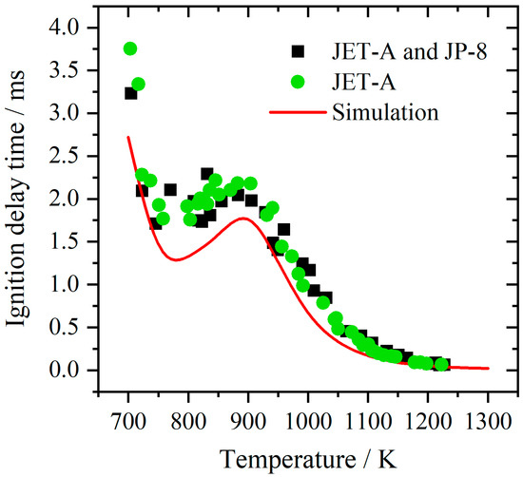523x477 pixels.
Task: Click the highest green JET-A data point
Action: pos(130,48)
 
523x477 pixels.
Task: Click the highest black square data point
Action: pos(131,93)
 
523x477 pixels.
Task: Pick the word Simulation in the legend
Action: pos(385,112)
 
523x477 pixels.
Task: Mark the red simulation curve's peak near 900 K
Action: pos(243,219)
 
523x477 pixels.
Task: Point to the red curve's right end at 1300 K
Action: pos(487,368)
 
